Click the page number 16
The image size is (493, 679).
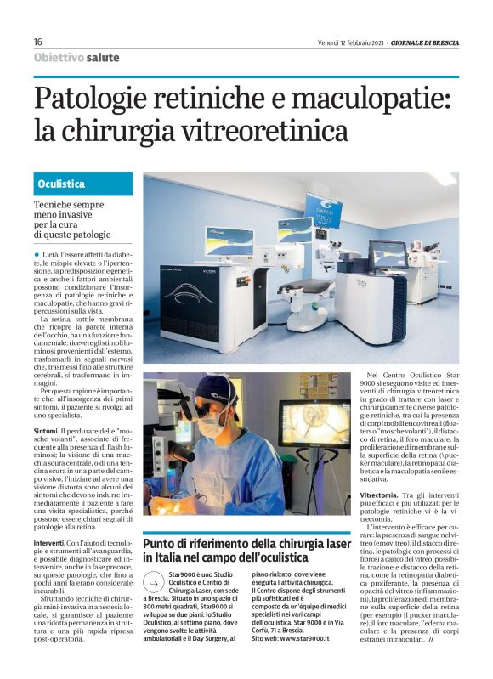point(38,42)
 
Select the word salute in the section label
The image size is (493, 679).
point(102,58)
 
